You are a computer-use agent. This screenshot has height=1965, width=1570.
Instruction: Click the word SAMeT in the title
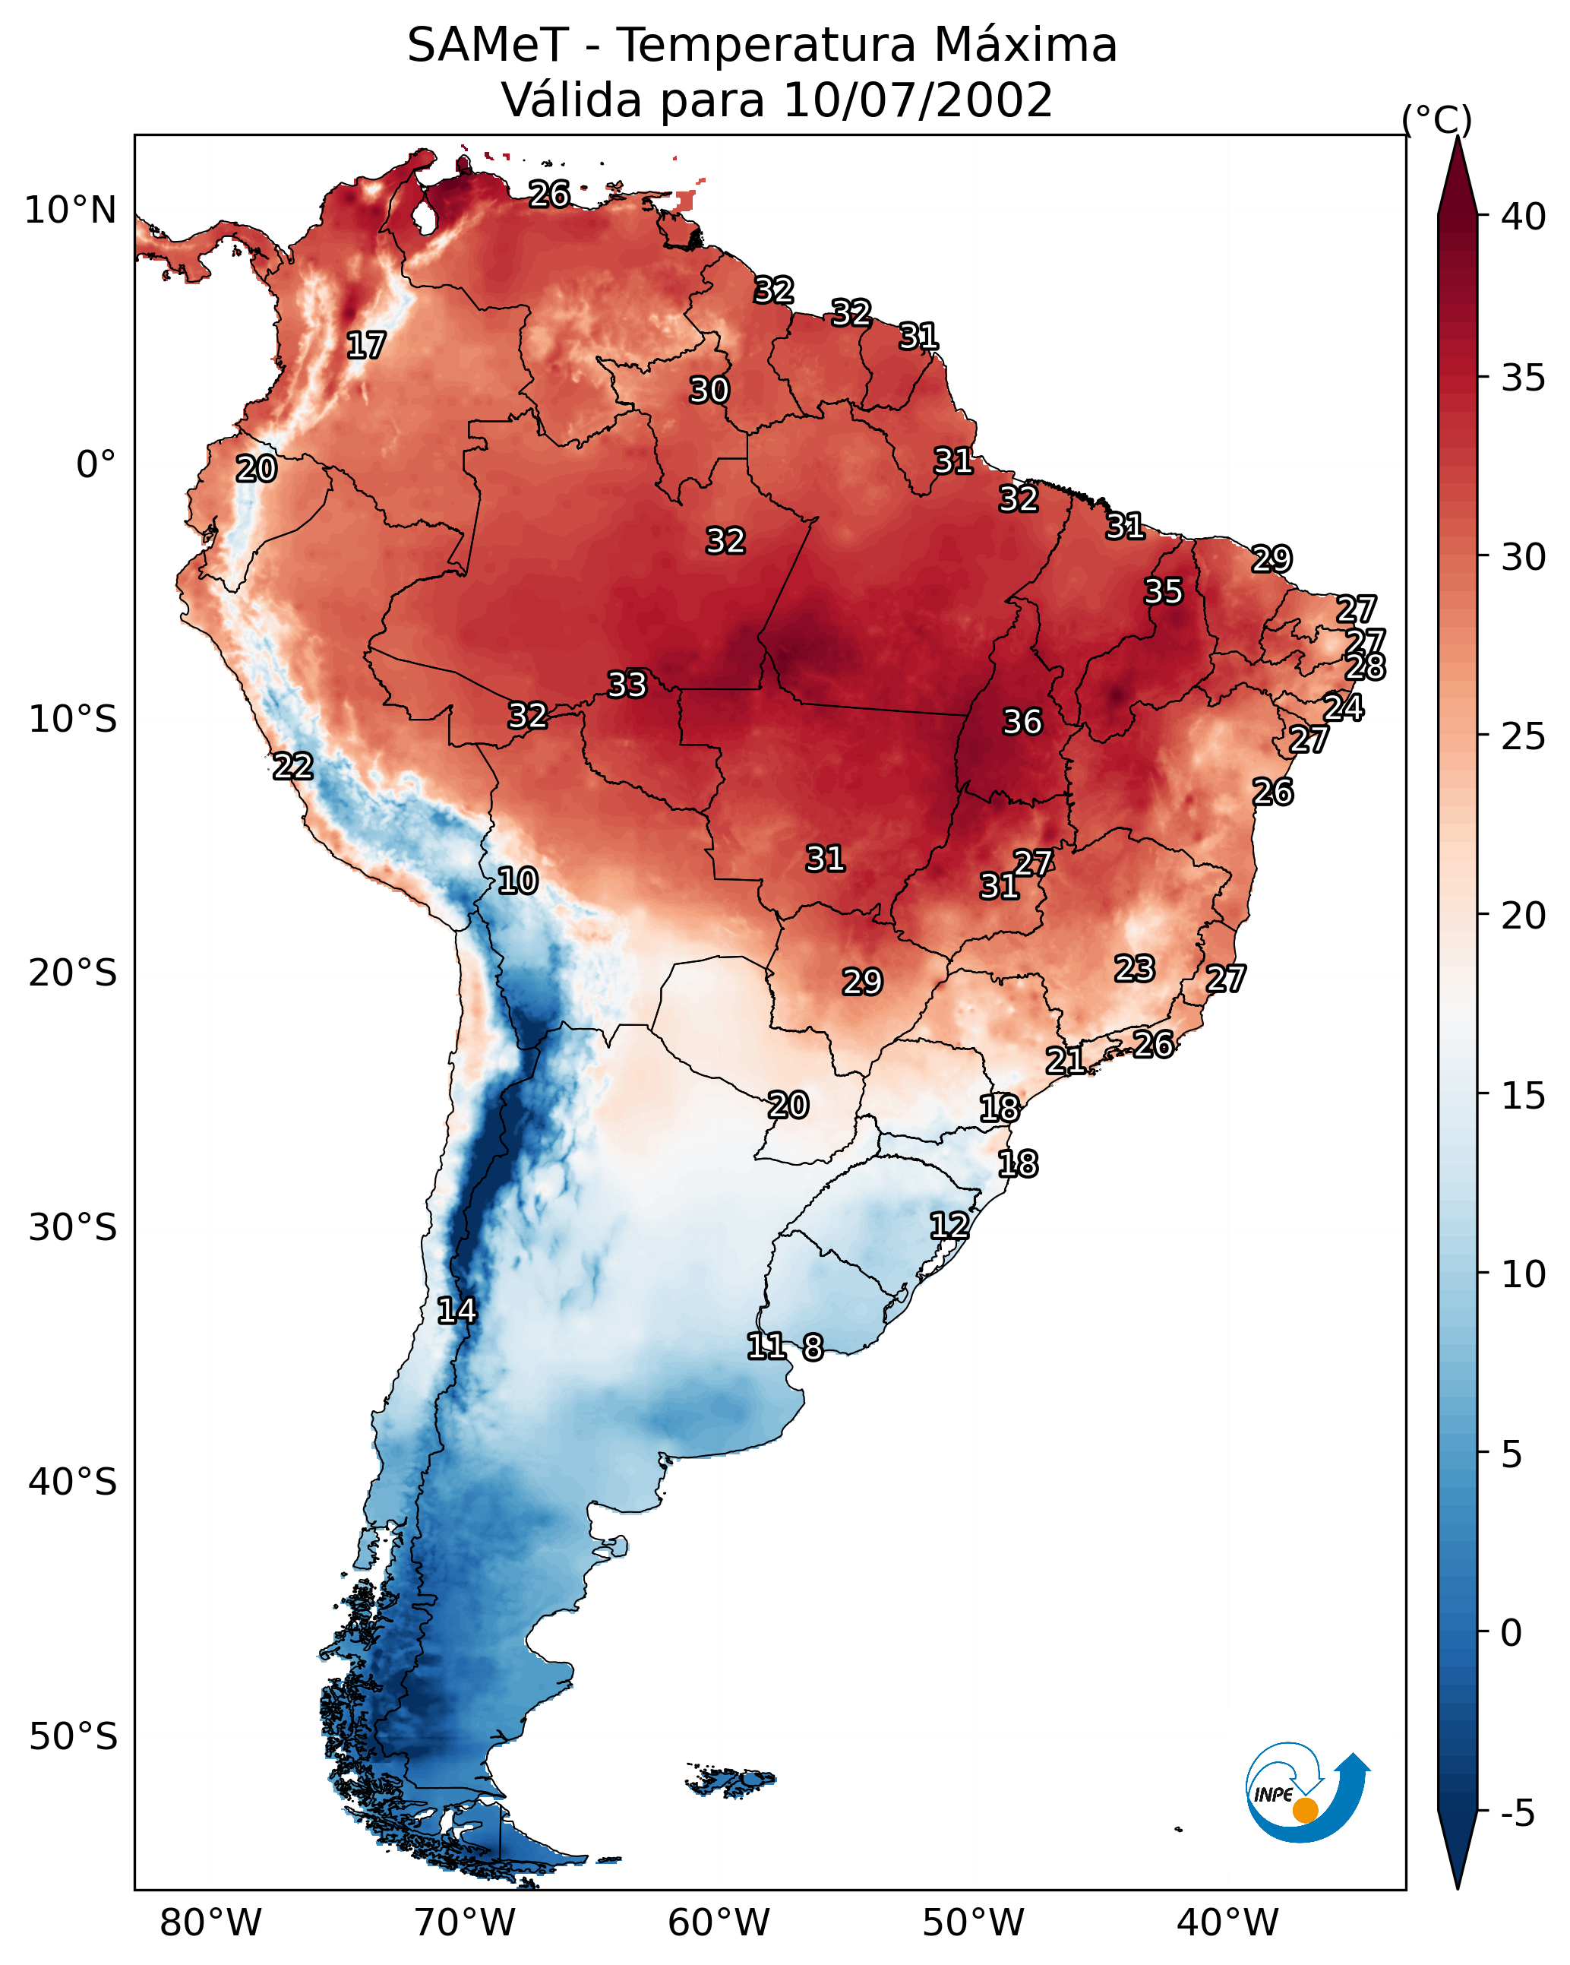488,46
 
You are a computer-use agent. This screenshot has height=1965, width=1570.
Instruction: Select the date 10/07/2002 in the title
917,100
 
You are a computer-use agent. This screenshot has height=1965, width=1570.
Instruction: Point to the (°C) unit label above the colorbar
1436,119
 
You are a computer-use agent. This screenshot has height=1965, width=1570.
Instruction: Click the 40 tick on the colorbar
1524,217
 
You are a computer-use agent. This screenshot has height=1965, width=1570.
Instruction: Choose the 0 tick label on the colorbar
1511,1633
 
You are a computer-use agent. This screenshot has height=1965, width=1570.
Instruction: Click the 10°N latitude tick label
70,210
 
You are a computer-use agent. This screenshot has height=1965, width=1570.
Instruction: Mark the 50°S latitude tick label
73,1737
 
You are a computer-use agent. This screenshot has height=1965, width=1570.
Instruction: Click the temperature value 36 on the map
1022,722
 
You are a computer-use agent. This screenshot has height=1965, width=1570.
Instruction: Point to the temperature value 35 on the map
1163,591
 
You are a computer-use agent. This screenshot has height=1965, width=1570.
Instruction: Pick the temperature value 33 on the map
627,685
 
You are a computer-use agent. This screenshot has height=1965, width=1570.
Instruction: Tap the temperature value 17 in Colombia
366,346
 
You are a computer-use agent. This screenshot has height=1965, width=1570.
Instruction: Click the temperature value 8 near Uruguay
813,1347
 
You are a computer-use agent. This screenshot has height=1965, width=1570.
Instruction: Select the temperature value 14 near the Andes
456,1311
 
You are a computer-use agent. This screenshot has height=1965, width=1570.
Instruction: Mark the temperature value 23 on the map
1135,969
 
